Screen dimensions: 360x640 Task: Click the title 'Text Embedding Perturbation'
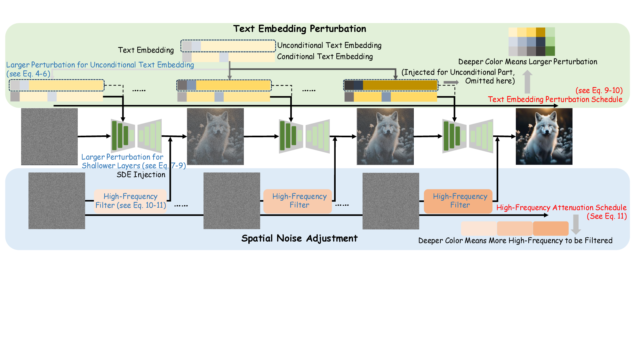coord(300,29)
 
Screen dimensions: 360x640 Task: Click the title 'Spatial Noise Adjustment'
coord(299,238)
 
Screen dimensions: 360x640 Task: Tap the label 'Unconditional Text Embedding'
coord(329,45)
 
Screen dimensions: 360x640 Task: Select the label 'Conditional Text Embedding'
coord(325,57)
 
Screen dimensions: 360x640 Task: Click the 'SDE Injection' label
coord(141,175)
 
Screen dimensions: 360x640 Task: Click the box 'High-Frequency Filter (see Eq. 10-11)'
coord(131,201)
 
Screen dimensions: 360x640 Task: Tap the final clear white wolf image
coord(544,136)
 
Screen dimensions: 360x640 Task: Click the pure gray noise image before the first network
coord(49,136)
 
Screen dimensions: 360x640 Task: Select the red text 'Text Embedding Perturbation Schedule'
coord(555,100)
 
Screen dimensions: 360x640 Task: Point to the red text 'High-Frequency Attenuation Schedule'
coord(561,208)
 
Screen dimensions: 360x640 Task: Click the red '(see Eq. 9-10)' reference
coord(599,91)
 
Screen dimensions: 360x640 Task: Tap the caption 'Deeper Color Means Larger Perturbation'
coord(528,62)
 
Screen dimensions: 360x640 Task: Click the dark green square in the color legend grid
coord(550,51)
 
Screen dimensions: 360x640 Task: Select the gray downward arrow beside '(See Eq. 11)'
coord(576,224)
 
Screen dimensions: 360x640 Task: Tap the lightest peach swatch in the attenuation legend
coord(479,228)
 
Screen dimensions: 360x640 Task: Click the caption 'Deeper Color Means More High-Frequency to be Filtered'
coord(515,241)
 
